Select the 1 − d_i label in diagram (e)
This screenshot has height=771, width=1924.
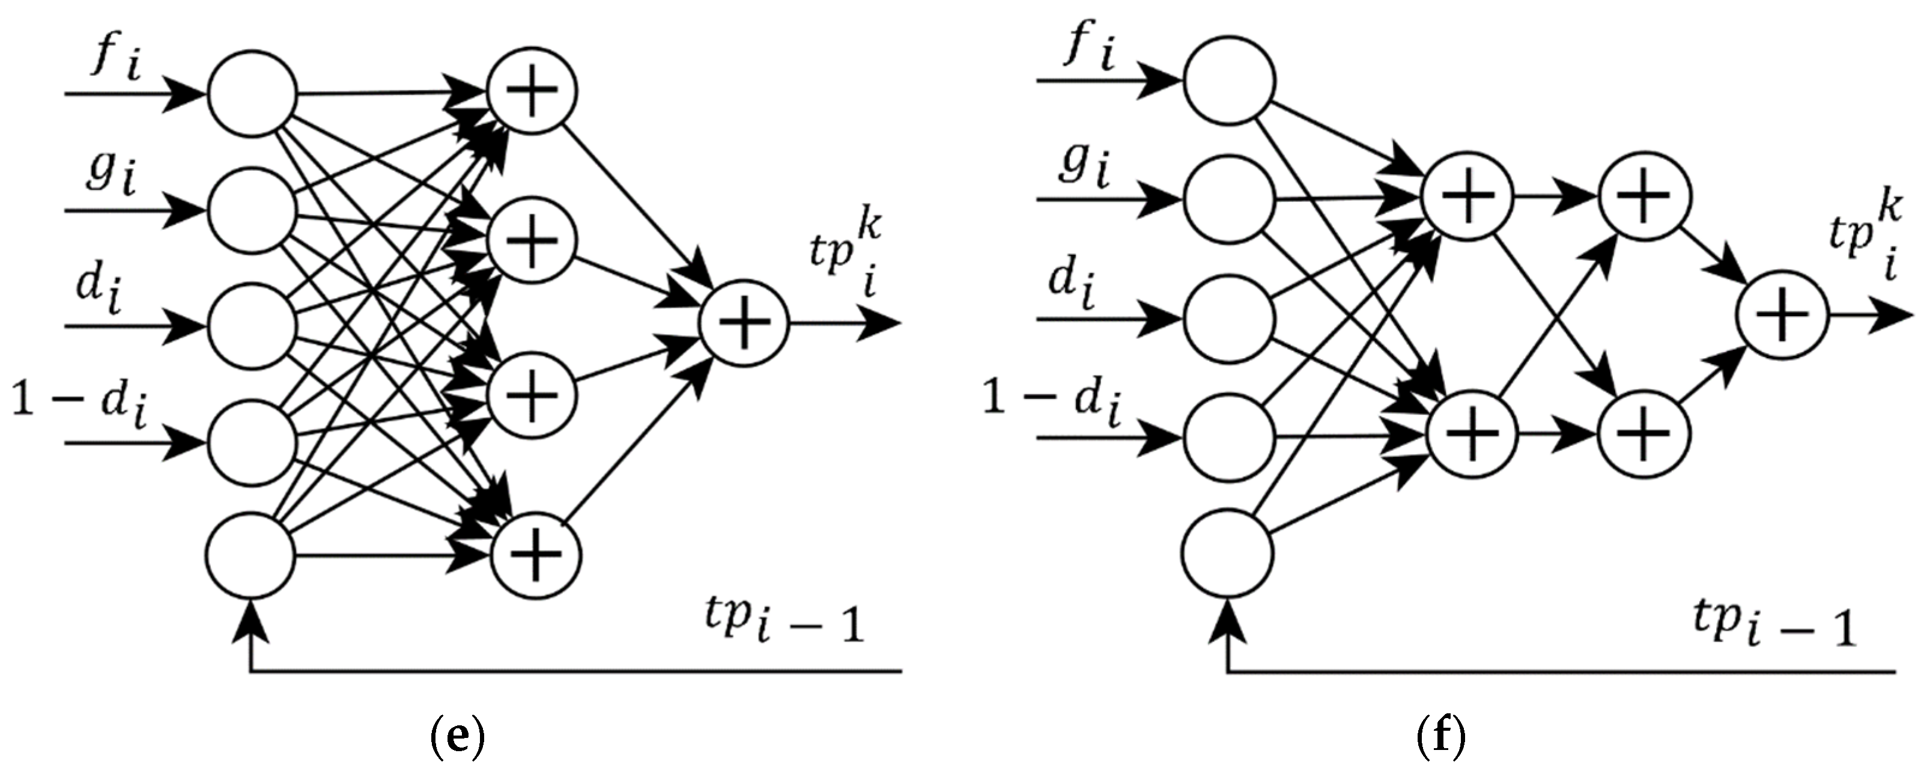click(79, 408)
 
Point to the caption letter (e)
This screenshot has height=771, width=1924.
click(458, 738)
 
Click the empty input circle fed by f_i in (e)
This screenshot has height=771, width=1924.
click(252, 95)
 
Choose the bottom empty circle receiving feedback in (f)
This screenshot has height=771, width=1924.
click(1228, 553)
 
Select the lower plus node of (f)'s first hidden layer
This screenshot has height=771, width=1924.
click(1472, 434)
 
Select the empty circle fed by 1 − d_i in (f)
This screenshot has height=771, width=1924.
click(1228, 437)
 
